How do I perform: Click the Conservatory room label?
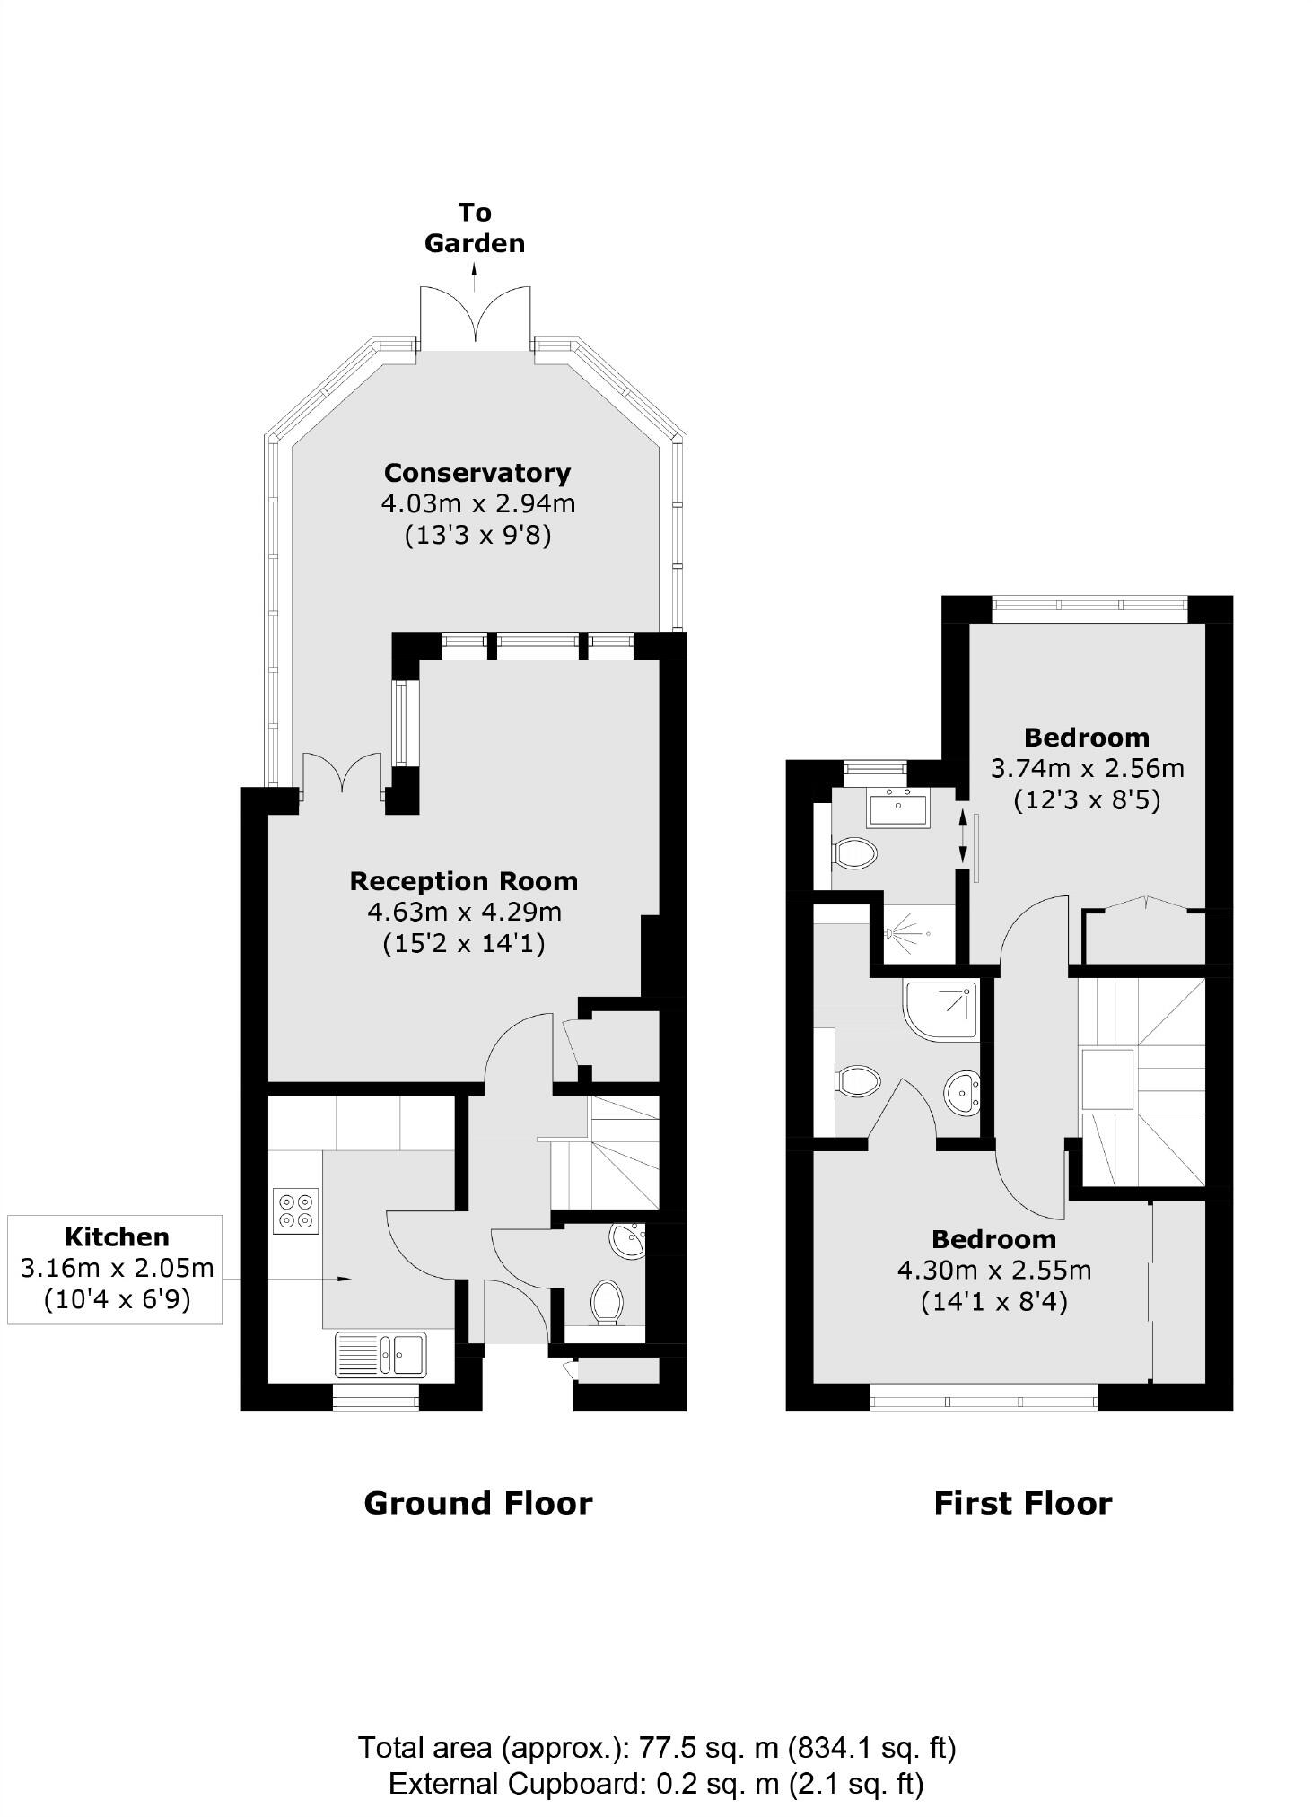[477, 473]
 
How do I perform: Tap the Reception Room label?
[464, 881]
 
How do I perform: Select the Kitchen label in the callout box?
[118, 1236]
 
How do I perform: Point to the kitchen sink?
[380, 1353]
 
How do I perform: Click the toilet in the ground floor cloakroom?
[608, 1302]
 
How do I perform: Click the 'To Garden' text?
[475, 228]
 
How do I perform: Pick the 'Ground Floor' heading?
[478, 1503]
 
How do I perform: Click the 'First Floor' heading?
[1023, 1503]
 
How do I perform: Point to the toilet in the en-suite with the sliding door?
[855, 853]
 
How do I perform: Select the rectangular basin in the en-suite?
[898, 808]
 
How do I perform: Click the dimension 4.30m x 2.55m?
[994, 1270]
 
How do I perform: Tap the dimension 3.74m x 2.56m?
[1088, 768]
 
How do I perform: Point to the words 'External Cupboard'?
[516, 1783]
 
